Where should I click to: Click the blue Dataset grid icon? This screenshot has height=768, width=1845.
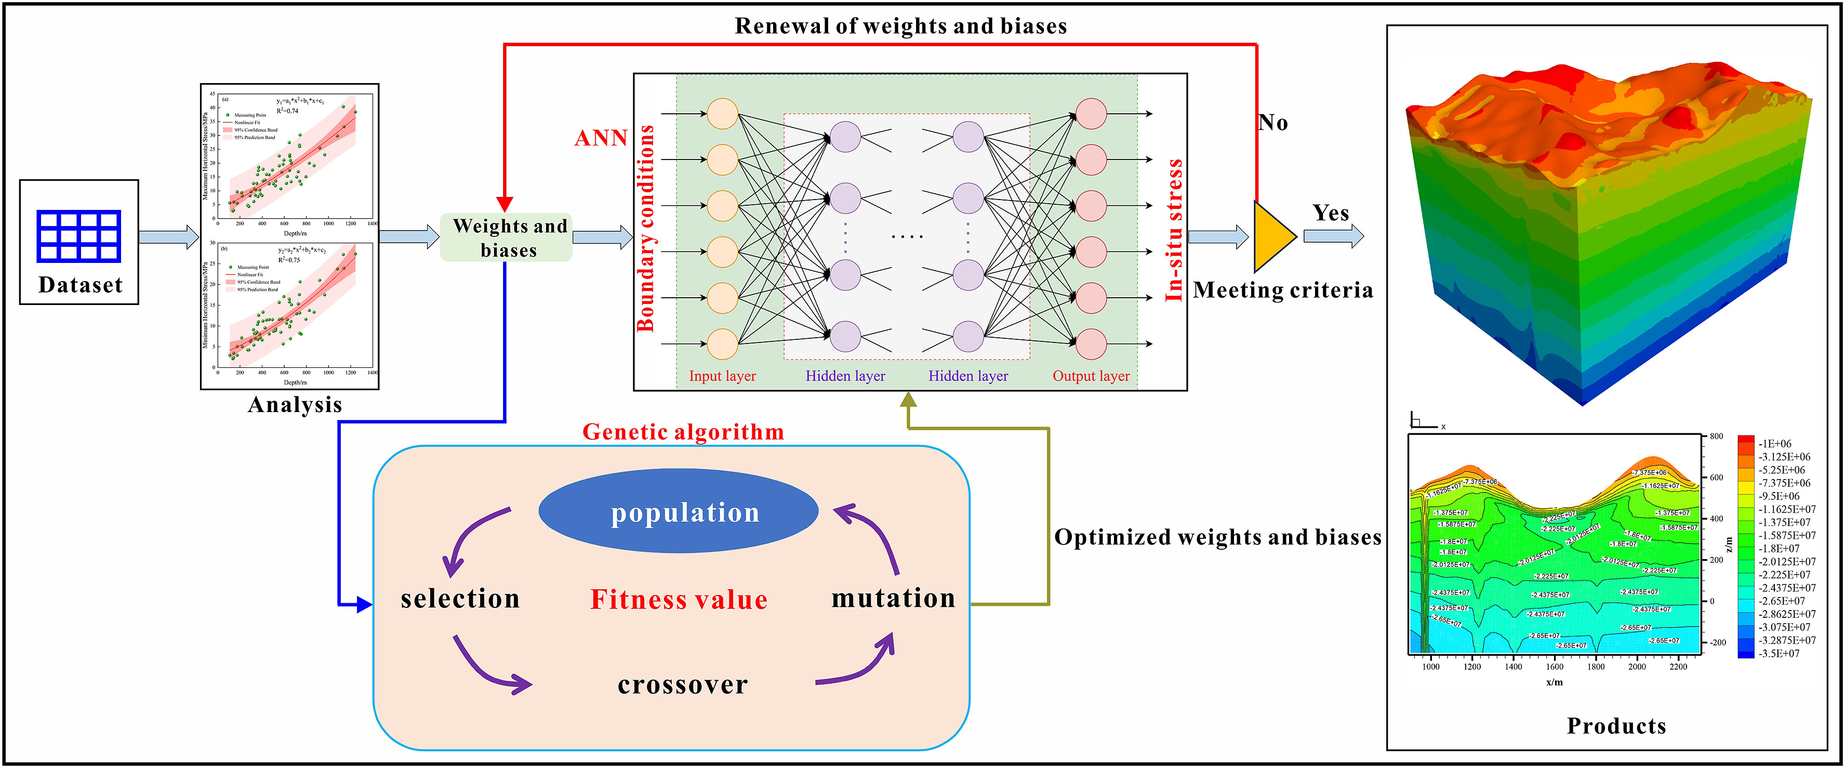[79, 236]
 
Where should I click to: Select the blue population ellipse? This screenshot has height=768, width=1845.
[678, 511]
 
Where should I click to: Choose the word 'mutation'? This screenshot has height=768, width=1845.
[893, 598]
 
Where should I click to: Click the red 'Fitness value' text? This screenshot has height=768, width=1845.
[678, 600]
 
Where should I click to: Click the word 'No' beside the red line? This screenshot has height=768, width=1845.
[1273, 123]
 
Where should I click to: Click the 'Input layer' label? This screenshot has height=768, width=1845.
[722, 376]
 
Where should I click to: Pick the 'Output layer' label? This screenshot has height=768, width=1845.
[1090, 376]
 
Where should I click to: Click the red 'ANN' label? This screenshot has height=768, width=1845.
[601, 138]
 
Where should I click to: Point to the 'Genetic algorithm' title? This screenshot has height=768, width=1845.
[683, 432]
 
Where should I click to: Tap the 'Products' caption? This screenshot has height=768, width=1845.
[1616, 726]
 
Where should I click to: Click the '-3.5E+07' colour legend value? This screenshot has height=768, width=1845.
[1779, 653]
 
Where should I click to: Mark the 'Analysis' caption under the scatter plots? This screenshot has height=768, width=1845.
[295, 405]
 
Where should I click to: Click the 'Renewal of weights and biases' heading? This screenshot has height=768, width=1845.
[900, 27]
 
